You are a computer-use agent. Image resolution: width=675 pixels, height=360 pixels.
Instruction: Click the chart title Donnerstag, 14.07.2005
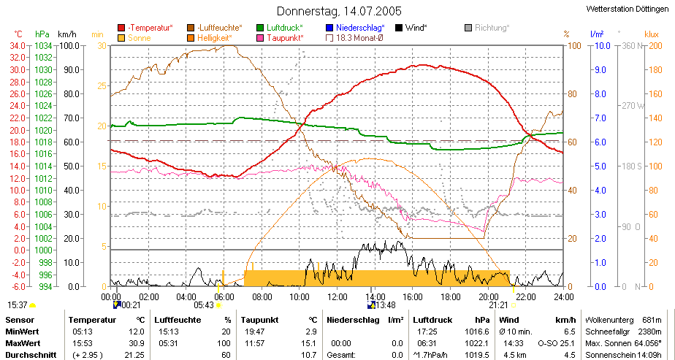tap(339, 11)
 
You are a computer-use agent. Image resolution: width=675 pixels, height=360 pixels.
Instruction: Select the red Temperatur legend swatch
tap(121, 28)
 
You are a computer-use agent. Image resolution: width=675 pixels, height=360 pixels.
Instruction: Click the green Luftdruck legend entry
tap(280, 28)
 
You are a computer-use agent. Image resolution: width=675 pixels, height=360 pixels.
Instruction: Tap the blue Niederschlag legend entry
tap(356, 28)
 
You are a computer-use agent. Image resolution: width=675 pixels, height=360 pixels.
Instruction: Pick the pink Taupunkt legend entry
tap(281, 38)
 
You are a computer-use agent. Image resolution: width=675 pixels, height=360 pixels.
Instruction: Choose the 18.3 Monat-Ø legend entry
tap(355, 38)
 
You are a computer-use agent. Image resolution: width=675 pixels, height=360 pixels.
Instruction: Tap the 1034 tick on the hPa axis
tap(44, 45)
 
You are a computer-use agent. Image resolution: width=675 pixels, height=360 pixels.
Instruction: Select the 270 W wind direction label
tap(630, 106)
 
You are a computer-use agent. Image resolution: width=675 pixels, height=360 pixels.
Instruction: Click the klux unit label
tap(652, 34)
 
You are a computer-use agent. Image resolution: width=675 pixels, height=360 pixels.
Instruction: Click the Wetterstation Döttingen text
tap(628, 9)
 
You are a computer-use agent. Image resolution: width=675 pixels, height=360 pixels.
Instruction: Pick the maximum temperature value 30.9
tap(138, 343)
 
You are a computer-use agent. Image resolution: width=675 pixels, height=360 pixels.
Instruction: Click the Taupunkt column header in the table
tap(259, 321)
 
